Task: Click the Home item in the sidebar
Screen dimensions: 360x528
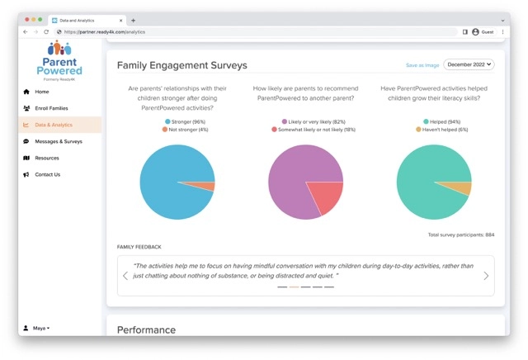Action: coord(41,92)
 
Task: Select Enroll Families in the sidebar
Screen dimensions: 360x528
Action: coord(51,108)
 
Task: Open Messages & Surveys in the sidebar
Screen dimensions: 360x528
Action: coord(58,141)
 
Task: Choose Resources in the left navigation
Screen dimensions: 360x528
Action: coord(46,158)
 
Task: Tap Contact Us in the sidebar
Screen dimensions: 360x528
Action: coord(47,174)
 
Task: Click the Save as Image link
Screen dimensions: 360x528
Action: coord(422,64)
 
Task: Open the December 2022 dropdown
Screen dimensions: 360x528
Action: coord(469,64)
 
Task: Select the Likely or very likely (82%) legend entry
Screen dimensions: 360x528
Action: coord(313,121)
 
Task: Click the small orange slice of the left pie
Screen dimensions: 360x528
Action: coord(209,187)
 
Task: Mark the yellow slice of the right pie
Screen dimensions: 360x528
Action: coord(464,189)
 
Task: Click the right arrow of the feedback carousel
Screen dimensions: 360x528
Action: coord(486,276)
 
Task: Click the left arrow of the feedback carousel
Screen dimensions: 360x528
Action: coord(125,276)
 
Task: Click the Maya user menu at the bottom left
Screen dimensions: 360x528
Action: coord(38,328)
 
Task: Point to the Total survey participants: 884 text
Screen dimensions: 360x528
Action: coord(461,235)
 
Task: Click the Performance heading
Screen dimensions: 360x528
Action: coord(146,329)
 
